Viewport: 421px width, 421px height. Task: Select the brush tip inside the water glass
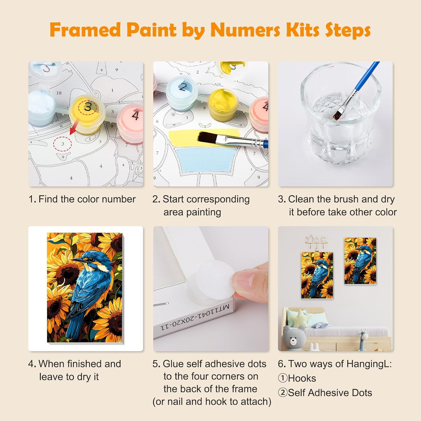tap(337, 114)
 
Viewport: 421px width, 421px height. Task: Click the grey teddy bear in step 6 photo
tap(294, 338)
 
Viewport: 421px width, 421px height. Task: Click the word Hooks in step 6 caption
tap(302, 378)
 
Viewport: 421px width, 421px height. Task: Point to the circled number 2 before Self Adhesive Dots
tap(283, 393)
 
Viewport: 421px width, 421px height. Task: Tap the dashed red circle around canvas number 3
tap(63, 144)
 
